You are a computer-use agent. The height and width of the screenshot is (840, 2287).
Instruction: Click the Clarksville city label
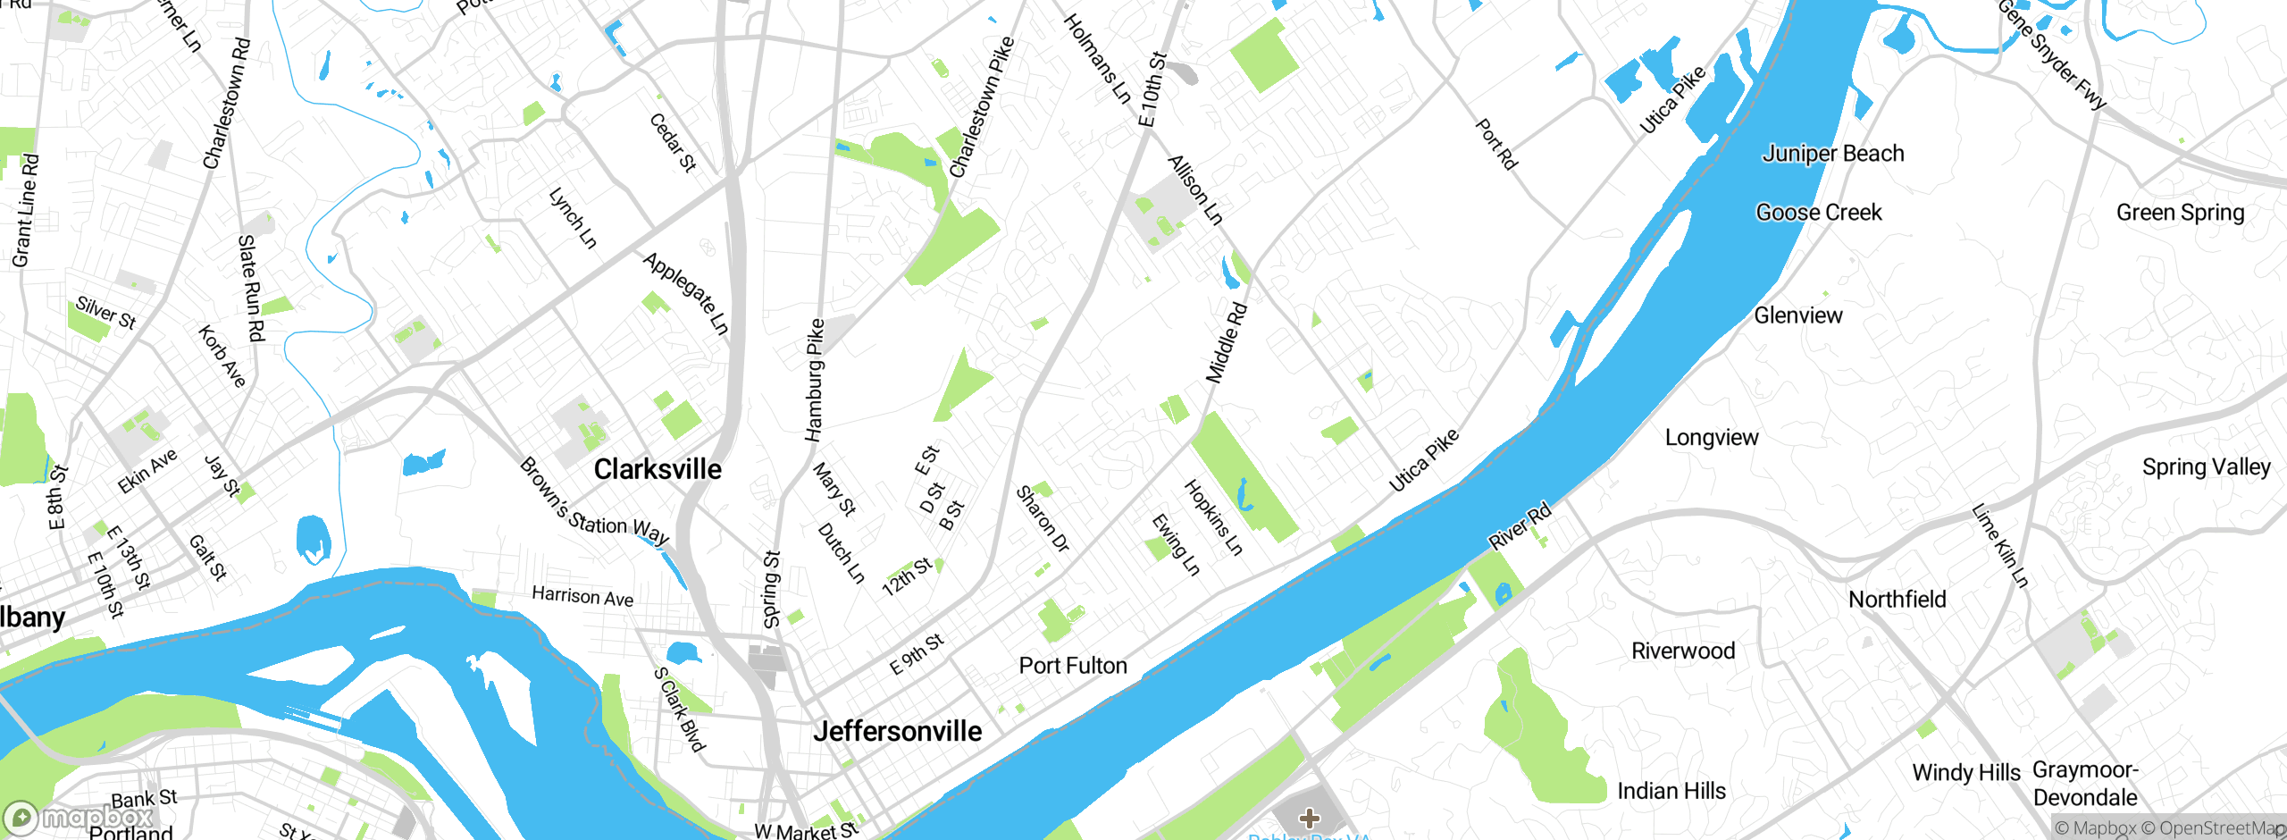658,469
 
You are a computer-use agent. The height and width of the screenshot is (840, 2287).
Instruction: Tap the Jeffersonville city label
897,731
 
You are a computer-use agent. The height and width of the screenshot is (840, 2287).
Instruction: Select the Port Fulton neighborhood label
1073,666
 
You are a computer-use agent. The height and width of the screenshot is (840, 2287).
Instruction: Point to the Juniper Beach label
1833,154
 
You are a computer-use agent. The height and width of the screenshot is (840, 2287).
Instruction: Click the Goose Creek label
1819,213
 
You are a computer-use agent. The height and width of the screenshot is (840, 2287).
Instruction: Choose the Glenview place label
1798,315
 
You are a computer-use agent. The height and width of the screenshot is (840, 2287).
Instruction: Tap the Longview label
1712,438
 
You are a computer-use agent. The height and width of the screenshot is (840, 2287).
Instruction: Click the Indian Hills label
1671,791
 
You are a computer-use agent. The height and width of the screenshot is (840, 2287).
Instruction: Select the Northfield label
1897,600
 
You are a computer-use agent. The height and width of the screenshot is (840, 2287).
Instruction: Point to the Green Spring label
2180,213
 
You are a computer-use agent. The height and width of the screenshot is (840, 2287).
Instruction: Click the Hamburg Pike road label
814,381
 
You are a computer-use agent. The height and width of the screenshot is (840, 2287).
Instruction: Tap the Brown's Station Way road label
594,502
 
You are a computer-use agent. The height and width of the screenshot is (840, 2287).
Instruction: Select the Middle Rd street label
1227,343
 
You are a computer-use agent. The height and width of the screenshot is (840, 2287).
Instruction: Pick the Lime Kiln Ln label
2000,546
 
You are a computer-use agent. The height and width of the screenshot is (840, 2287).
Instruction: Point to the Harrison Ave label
582,596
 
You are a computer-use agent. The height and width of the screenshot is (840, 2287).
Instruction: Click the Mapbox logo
79,817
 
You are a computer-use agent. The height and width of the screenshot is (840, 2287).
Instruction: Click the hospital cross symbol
1310,818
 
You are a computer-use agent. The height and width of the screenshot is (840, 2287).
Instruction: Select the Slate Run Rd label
251,288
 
